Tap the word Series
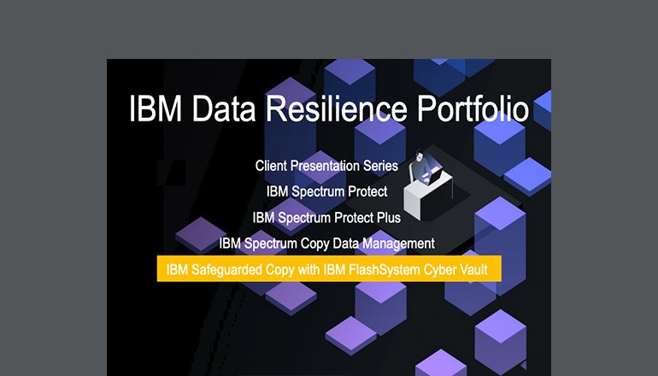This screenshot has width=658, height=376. coord(383,165)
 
